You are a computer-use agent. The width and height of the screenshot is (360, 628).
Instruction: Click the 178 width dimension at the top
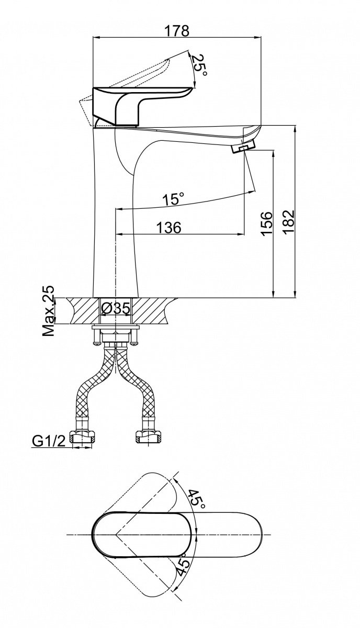(176, 30)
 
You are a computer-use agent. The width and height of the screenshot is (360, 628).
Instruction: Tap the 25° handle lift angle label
(198, 66)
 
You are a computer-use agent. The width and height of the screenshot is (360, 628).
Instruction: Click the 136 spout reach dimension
(168, 227)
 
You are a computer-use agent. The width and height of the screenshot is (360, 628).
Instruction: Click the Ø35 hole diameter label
(115, 308)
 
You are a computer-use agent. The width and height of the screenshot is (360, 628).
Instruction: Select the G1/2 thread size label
(48, 442)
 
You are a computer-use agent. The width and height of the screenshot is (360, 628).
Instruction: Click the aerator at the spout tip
(242, 149)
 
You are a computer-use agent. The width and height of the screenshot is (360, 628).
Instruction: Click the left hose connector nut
(83, 438)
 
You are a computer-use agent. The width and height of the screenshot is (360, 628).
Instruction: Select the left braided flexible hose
(91, 387)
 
